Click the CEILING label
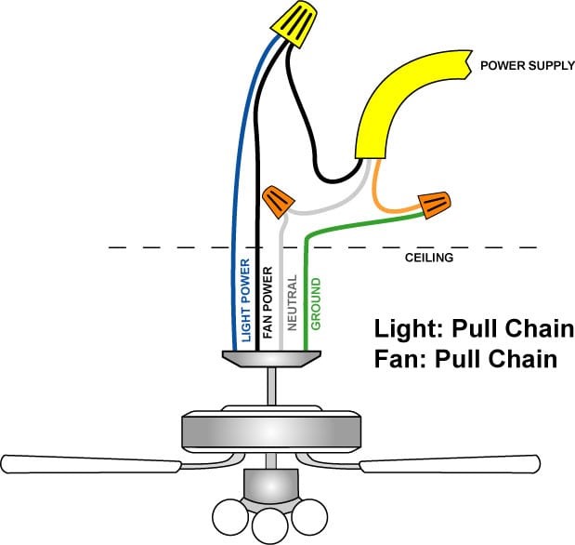tap(429, 258)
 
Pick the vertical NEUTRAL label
tap(292, 302)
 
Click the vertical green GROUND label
tap(316, 303)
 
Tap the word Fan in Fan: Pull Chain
tap(396, 358)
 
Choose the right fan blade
tap(450, 463)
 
